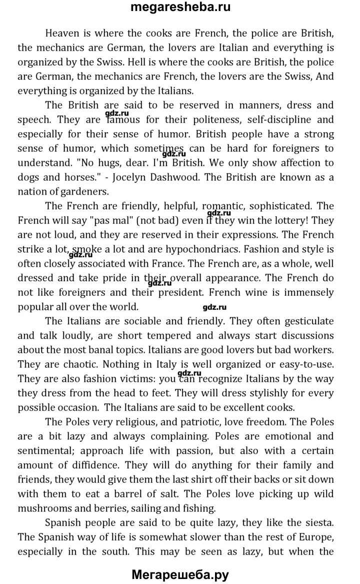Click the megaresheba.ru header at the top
click(x=180, y=8)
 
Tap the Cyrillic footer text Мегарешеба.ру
click(x=180, y=574)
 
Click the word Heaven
click(x=62, y=34)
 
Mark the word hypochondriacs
click(x=233, y=249)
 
